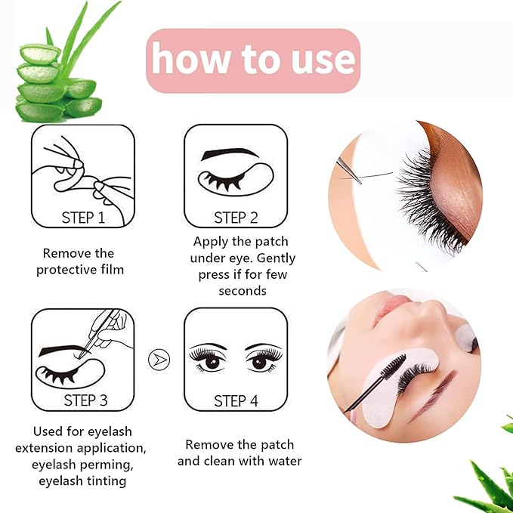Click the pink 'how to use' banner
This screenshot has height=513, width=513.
coord(252,60)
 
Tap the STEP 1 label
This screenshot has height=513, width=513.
coord(82,218)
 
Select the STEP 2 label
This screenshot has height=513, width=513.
coord(236,218)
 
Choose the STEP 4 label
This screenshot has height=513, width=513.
coord(236,400)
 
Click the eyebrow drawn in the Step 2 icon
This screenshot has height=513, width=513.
coord(230,153)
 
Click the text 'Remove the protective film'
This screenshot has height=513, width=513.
coord(78,261)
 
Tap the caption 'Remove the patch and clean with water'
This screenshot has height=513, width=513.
coord(240,453)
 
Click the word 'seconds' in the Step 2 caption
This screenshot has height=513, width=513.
coord(243,290)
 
